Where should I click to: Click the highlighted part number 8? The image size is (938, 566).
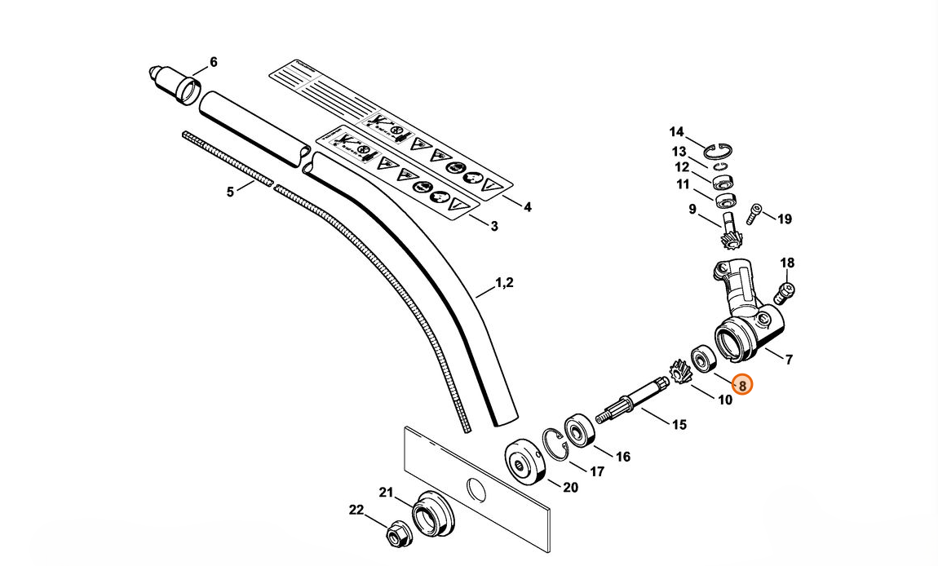click(x=742, y=384)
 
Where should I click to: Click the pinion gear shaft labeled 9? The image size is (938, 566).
click(x=729, y=231)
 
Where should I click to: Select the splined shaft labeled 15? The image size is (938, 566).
click(x=631, y=401)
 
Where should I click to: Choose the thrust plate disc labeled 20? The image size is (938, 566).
click(x=521, y=464)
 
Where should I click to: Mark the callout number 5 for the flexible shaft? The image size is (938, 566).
click(x=230, y=192)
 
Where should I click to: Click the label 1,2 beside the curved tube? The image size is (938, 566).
click(x=505, y=283)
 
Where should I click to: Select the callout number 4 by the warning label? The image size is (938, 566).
click(x=528, y=207)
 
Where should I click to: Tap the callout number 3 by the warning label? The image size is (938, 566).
click(x=494, y=226)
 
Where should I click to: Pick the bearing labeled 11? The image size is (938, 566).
click(x=723, y=199)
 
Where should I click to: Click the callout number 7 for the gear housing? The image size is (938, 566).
click(x=789, y=359)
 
